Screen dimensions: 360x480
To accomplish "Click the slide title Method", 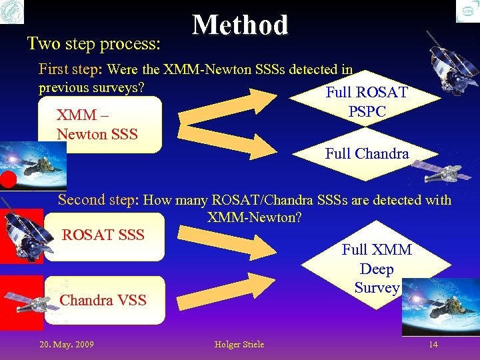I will pos(240,25).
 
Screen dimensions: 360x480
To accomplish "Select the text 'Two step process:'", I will pos(93,44).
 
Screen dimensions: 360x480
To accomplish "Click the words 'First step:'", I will pos(70,69).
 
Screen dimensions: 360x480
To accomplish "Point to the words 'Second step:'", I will pos(99,199).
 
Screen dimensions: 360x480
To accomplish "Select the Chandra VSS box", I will pos(103,300).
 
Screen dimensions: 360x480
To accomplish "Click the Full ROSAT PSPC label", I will pos(366,102).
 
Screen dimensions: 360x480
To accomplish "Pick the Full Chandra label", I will pos(367,153).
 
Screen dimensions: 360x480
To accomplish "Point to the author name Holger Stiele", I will pos(239,344).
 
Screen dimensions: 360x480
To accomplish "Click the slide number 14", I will pos(433,344).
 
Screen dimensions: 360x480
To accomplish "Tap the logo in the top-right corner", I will pos(467,12).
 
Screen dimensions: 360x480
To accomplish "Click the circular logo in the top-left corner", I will pos(13,12).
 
